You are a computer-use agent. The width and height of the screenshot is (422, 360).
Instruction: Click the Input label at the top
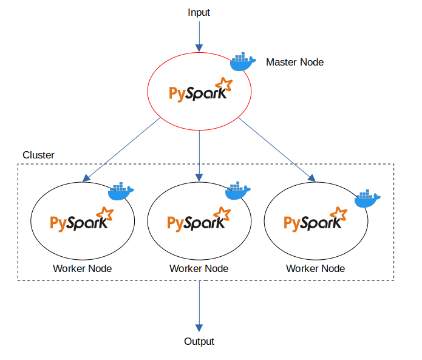(199, 13)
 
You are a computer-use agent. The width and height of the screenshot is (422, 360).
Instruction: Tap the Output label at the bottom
(199, 341)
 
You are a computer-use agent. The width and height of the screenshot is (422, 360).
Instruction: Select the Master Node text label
(294, 62)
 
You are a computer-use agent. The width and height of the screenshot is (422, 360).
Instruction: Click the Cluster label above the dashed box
(38, 155)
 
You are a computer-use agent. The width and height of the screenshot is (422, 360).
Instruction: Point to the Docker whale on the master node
(242, 61)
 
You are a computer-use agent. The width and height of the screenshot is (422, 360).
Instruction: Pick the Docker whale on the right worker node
(367, 198)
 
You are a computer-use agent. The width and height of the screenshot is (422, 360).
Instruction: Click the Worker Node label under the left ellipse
(82, 268)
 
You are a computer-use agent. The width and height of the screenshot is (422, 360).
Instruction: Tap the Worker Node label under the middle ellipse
(199, 268)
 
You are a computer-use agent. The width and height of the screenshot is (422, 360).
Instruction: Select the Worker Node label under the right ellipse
(316, 268)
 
